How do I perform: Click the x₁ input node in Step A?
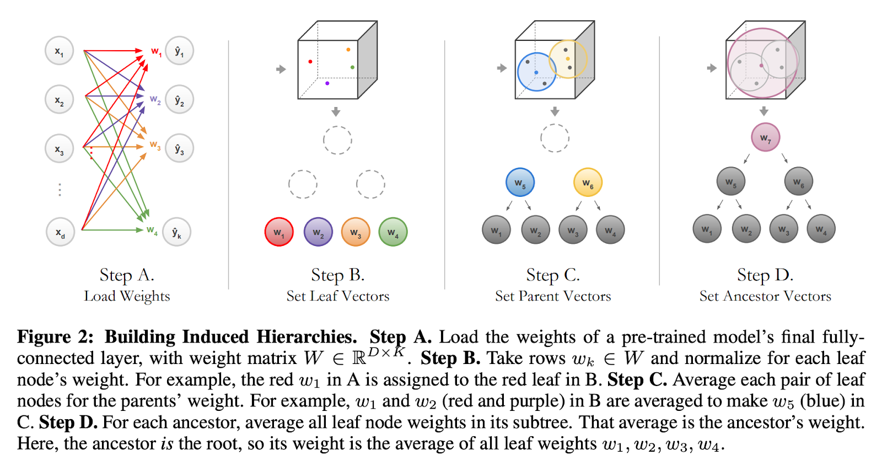(60, 51)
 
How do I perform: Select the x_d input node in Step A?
(60, 232)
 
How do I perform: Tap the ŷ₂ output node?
(179, 99)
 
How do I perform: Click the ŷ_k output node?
(177, 232)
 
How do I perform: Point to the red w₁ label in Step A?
(157, 52)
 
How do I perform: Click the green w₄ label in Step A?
(152, 231)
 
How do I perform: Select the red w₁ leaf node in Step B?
(279, 232)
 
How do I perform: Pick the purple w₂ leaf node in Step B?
(318, 232)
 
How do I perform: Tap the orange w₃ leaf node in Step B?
(356, 232)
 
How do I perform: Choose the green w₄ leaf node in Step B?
(393, 232)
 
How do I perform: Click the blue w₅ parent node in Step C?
(520, 183)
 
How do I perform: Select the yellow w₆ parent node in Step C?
(588, 183)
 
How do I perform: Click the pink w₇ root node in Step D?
(766, 137)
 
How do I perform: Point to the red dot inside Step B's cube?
(310, 61)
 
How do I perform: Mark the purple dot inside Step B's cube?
(327, 83)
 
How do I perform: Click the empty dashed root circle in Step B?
(337, 126)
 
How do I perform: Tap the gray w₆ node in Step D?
(799, 181)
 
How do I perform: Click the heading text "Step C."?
(553, 275)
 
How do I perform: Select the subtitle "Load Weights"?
(127, 297)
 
